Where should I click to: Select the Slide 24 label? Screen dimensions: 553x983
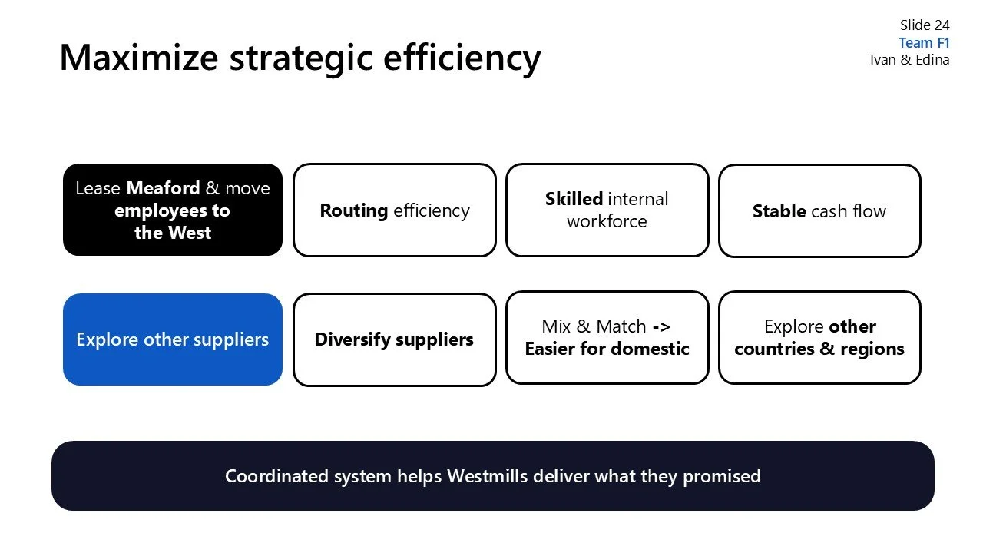pos(925,25)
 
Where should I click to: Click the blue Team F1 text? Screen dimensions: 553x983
pos(924,43)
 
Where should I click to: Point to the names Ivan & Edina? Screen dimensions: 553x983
pos(909,60)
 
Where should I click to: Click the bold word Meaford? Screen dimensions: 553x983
pos(163,188)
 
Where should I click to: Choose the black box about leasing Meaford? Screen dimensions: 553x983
pos(173,210)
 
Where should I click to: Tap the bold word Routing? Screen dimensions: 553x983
pos(353,210)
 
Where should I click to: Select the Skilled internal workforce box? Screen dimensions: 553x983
pos(607,210)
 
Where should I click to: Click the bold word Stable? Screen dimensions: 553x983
pos(779,211)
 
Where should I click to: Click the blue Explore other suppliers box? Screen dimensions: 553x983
pos(173,339)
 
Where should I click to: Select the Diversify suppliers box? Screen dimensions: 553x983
pos(394,339)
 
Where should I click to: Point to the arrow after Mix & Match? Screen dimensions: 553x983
pos(660,326)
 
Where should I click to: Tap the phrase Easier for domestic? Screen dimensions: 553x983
pos(607,349)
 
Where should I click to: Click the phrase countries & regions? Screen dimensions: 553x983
pos(819,349)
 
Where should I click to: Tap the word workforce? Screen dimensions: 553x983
pos(607,221)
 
